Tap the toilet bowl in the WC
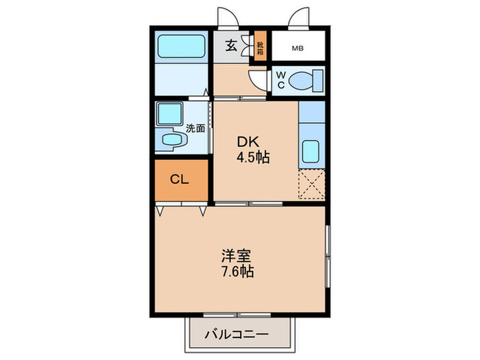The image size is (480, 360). [x=305, y=81]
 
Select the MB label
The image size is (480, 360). [x=298, y=48]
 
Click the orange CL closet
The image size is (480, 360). [x=180, y=180]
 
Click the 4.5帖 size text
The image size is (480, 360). [x=253, y=157]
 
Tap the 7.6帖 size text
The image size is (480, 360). [x=237, y=272]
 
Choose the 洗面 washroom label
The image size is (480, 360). [x=195, y=128]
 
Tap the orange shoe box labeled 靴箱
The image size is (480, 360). [x=261, y=47]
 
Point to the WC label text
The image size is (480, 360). [x=281, y=80]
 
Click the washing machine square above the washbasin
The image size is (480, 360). [x=169, y=112]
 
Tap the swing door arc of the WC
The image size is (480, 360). [x=258, y=78]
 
